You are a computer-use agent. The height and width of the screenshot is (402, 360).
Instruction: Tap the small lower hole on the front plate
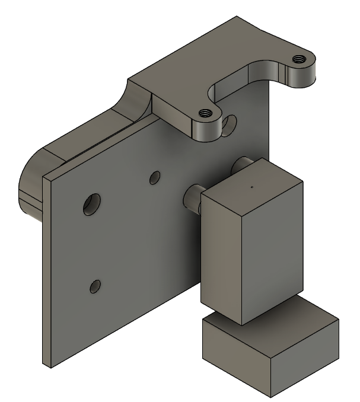pyautogui.click(x=94, y=287)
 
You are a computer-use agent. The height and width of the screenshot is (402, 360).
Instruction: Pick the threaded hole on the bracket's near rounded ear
pyautogui.click(x=205, y=111)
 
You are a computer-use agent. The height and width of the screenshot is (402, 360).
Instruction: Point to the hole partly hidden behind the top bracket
pyautogui.click(x=230, y=123)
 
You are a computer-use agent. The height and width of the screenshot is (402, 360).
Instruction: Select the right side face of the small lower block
pyautogui.click(x=305, y=356)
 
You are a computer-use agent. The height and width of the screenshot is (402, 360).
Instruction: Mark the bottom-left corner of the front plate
pyautogui.click(x=43, y=362)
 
